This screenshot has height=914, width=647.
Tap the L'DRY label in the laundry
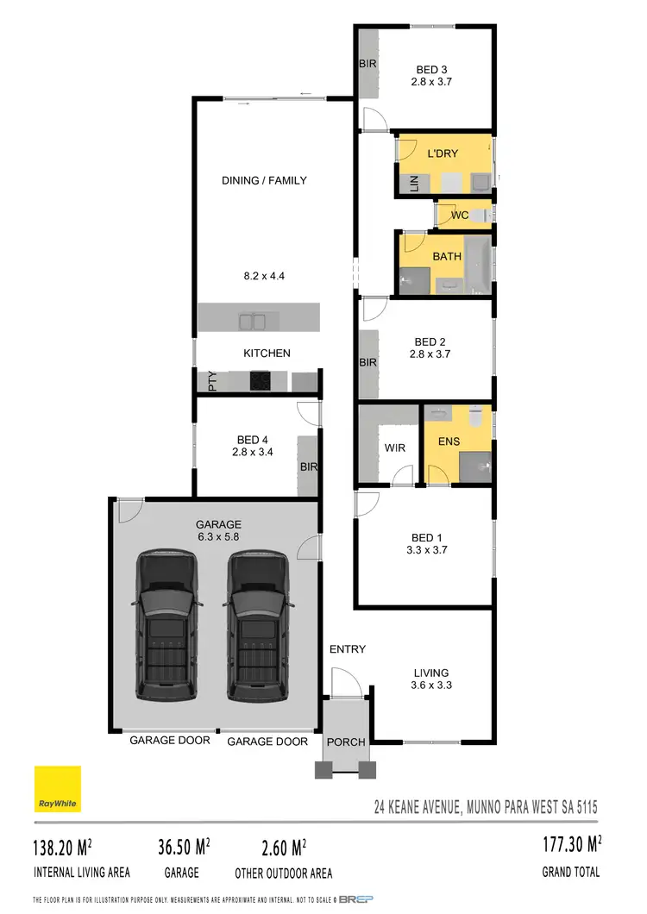(x=443, y=153)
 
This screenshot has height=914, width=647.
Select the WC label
(x=460, y=216)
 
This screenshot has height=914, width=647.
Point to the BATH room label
(x=447, y=256)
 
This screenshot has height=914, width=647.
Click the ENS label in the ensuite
(x=449, y=441)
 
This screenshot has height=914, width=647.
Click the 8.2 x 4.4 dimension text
(x=265, y=277)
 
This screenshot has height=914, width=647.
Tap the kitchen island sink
(x=252, y=322)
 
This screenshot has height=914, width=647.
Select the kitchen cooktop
(x=261, y=380)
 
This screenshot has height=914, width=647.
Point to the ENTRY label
(x=348, y=649)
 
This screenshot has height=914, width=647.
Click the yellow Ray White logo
(x=58, y=789)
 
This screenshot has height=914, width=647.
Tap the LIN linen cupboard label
(x=413, y=183)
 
